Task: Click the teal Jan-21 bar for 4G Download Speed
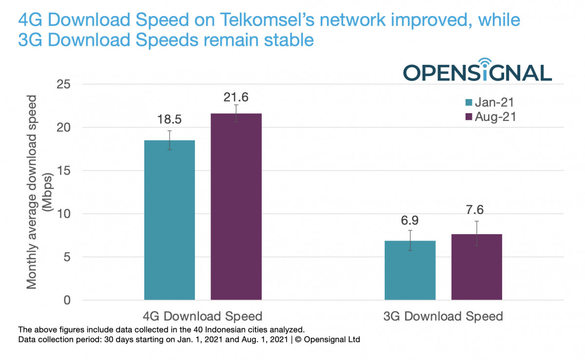click(x=170, y=220)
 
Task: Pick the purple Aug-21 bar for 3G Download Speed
click(x=476, y=267)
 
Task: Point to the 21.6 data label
click(x=236, y=97)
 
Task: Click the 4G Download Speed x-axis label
click(x=203, y=316)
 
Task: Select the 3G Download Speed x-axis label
click(x=443, y=316)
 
